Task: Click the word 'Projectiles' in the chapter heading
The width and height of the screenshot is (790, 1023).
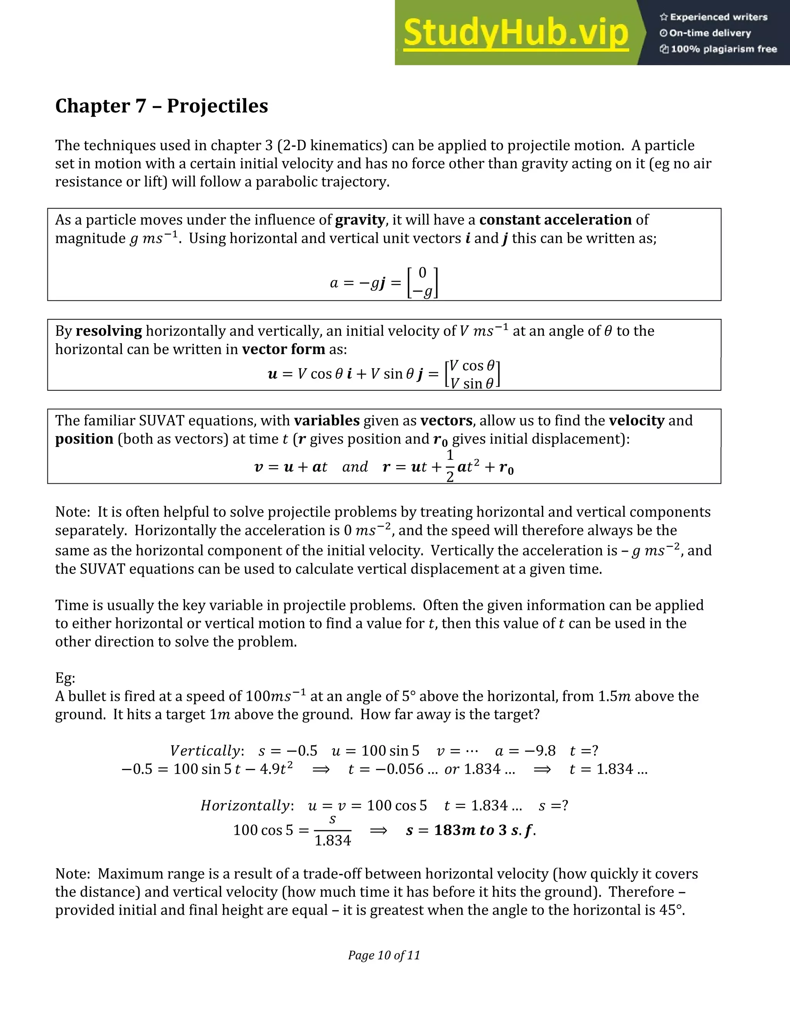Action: click(217, 106)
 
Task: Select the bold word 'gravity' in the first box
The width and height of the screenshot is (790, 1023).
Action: click(360, 220)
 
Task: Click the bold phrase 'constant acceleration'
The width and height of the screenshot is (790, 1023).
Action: click(555, 220)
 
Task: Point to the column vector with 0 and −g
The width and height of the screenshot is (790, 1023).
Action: click(423, 283)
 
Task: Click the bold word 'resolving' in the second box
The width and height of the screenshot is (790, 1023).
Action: click(108, 331)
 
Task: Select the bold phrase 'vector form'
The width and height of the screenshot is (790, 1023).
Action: click(283, 349)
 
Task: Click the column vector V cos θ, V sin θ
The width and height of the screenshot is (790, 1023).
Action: click(472, 374)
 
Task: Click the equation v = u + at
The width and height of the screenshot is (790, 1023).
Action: click(290, 467)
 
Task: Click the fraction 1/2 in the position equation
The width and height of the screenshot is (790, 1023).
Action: click(450, 466)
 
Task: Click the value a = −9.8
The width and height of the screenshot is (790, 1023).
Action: click(525, 751)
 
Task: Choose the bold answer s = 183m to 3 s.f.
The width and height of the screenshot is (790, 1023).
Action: click(470, 830)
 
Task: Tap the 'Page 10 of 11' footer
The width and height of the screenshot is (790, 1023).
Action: click(384, 955)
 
